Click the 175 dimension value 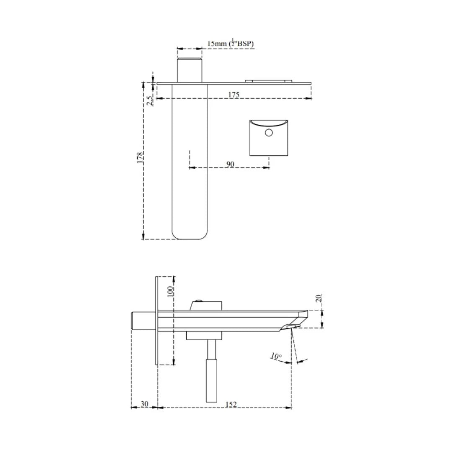[x=234, y=95]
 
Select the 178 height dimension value [x=140, y=157]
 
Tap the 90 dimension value [x=230, y=164]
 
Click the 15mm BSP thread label [x=231, y=44]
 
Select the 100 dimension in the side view [x=170, y=291]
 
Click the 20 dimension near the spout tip [x=318, y=298]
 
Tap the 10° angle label [x=276, y=356]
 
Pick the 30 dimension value [x=144, y=404]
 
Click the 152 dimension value [x=231, y=404]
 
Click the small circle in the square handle [x=269, y=133]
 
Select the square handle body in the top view [x=269, y=142]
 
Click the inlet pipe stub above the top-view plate [x=190, y=70]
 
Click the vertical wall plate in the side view [x=157, y=321]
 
